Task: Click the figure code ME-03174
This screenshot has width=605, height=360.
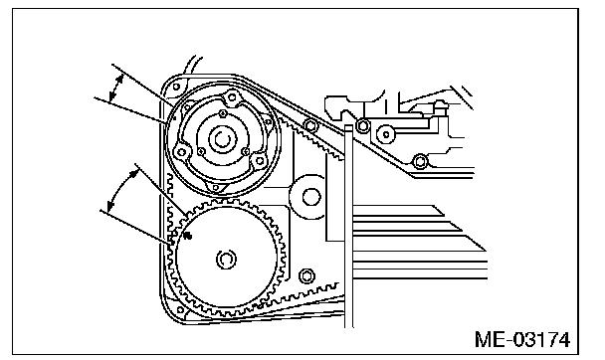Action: tap(522, 340)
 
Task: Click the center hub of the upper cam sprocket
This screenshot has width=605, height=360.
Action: tap(222, 139)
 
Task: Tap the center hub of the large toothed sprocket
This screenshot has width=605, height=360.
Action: tap(226, 259)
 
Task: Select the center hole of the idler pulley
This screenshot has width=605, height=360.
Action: tap(311, 197)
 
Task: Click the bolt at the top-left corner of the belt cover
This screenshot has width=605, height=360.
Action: tap(176, 87)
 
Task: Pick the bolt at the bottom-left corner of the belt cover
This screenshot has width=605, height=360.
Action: tap(180, 309)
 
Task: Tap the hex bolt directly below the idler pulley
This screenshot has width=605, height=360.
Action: tap(306, 276)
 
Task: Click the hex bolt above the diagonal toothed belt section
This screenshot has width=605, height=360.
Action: tap(311, 125)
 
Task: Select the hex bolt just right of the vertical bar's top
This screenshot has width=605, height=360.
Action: tap(362, 125)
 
